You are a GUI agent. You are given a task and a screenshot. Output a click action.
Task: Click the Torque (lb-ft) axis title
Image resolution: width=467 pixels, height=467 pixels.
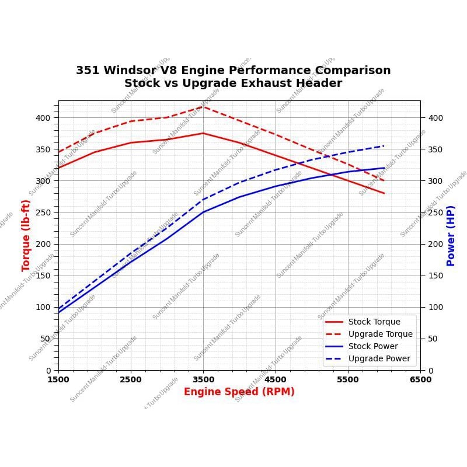26,235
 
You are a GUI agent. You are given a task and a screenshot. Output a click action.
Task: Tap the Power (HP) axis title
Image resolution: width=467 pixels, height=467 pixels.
451,235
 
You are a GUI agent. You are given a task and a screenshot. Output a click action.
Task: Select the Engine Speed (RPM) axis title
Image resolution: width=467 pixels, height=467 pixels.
239,392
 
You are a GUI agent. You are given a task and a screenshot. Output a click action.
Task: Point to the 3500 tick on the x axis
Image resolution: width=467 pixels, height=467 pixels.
203,379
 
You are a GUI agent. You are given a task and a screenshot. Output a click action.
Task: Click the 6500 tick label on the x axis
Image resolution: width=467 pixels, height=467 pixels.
420,379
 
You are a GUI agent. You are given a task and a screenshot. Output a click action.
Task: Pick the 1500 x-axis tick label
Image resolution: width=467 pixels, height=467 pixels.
58,379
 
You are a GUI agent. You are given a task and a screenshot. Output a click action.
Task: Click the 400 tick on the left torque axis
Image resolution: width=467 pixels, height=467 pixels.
43,118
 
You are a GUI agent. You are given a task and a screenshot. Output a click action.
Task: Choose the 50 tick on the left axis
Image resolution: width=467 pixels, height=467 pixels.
46,339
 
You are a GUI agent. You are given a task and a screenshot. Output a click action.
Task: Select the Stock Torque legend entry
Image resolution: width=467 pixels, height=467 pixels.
374,322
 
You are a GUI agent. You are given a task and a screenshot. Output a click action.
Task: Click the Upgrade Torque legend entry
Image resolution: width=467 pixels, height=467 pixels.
380,334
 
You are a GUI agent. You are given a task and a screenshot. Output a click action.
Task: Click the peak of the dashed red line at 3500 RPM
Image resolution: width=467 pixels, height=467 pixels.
203,106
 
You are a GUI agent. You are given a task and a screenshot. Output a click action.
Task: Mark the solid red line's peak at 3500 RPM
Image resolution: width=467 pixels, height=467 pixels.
203,133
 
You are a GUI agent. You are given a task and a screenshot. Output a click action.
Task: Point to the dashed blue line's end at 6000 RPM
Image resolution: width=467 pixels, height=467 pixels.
384,146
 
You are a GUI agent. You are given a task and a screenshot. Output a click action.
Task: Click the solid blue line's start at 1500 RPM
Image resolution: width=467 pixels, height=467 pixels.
58,312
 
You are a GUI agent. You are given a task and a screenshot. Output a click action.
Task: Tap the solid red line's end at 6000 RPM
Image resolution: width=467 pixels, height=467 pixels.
384,193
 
